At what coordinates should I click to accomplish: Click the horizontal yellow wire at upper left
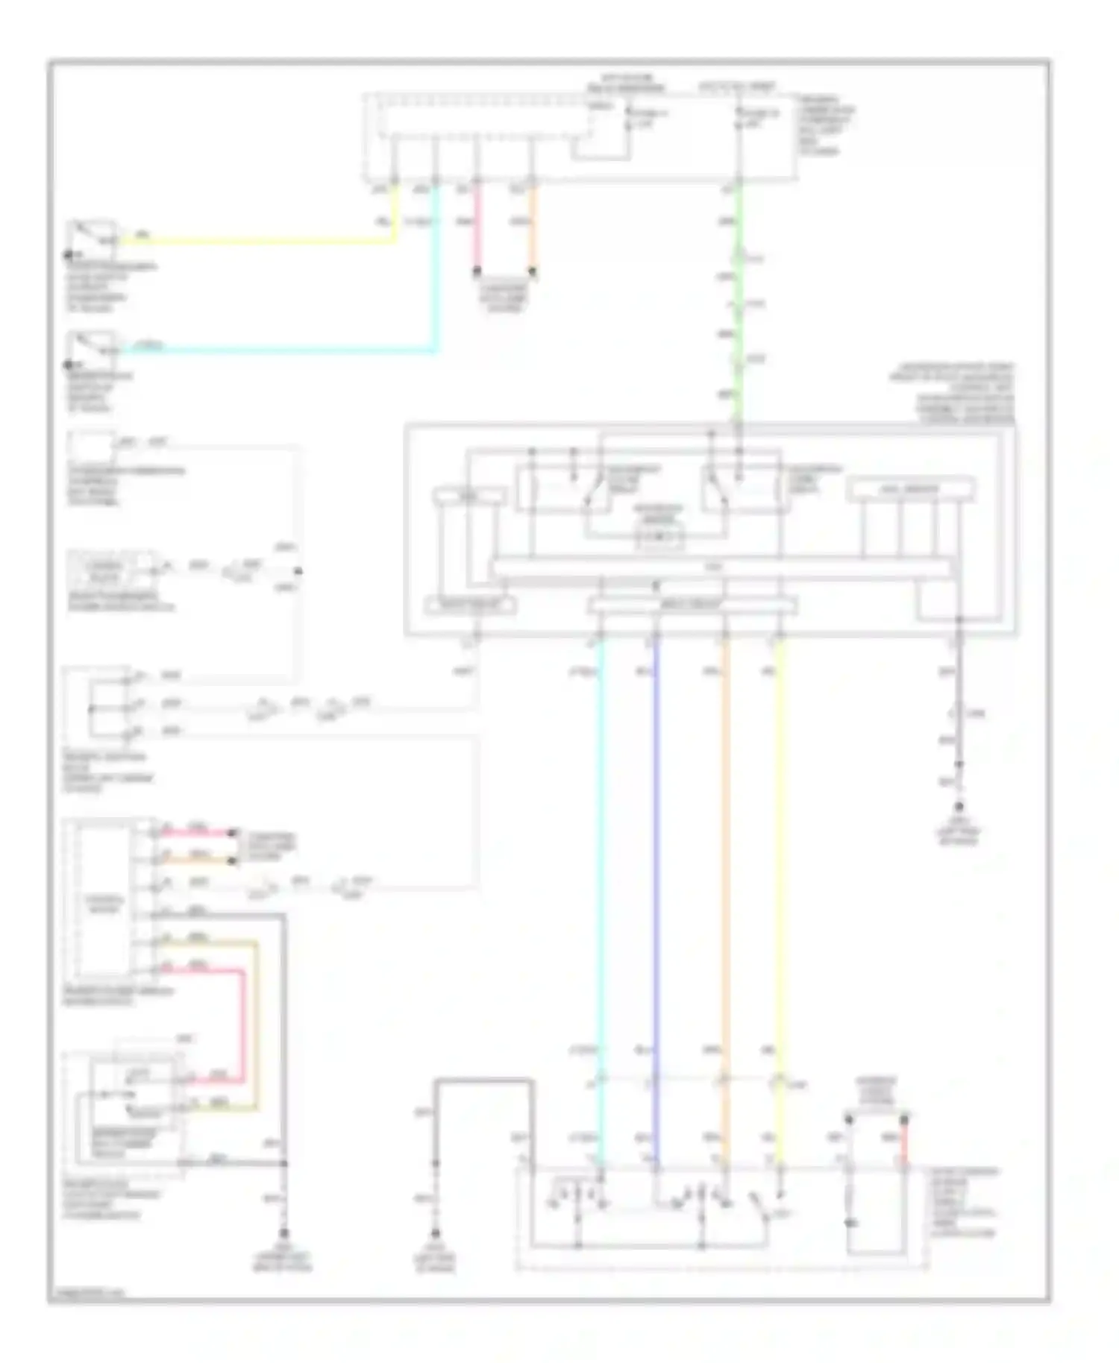pyautogui.click(x=261, y=242)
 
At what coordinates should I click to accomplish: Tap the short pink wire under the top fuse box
pyautogui.click(x=477, y=231)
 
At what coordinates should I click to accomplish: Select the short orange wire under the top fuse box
pyautogui.click(x=532, y=231)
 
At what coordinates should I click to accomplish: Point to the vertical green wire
pyautogui.click(x=738, y=313)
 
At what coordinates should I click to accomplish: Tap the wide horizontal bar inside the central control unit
pyautogui.click(x=720, y=568)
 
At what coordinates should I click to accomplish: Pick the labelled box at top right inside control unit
pyautogui.click(x=910, y=490)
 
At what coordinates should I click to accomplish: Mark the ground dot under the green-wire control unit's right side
pyautogui.click(x=959, y=807)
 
